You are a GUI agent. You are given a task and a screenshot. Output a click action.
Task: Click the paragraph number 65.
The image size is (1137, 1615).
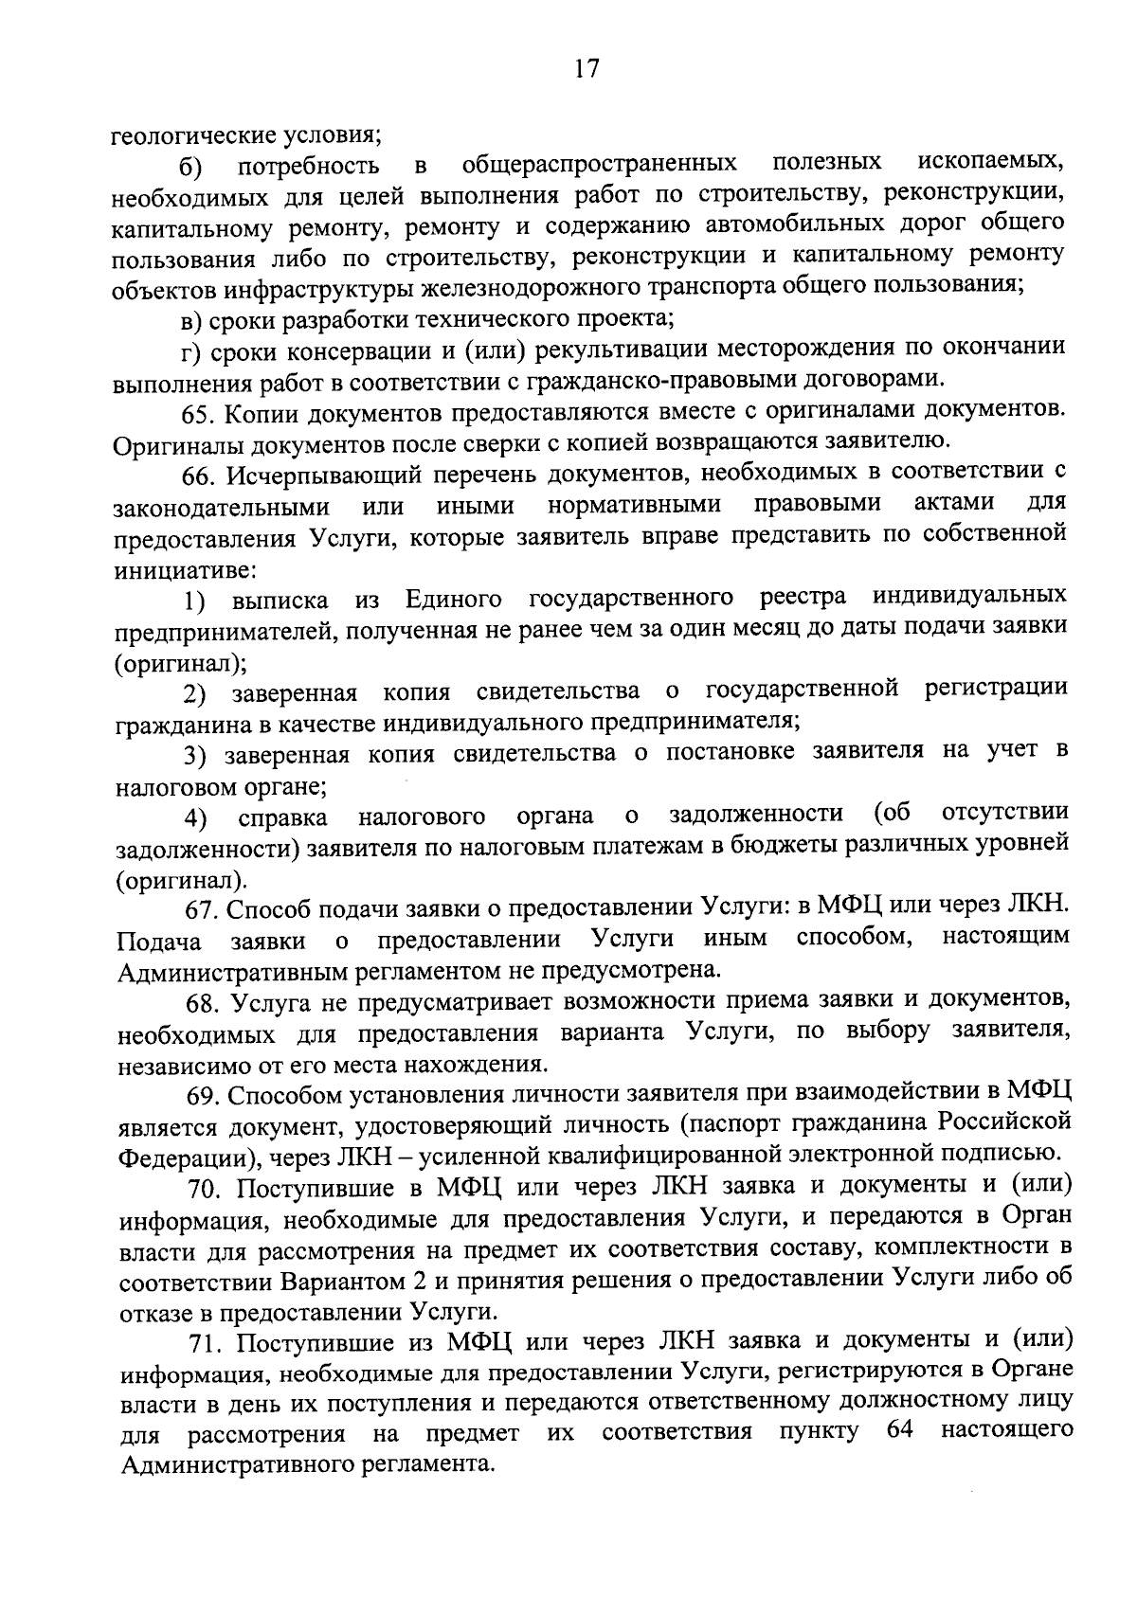[200, 415]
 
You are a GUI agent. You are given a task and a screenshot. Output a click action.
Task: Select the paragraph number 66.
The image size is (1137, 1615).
[200, 476]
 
